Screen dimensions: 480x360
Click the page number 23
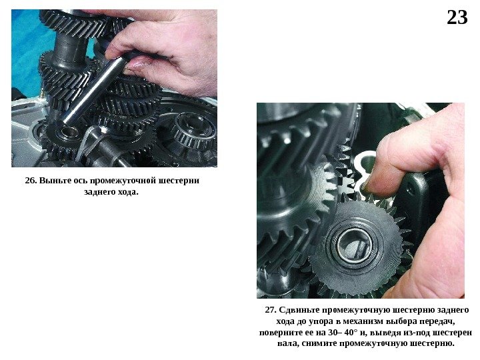click(x=457, y=17)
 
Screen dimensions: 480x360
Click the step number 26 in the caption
click(x=31, y=180)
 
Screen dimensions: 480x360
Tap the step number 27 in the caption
click(x=271, y=310)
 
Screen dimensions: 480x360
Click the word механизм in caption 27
click(x=363, y=321)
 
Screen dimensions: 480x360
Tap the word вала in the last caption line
click(x=287, y=343)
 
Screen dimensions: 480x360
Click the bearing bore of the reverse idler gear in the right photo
click(x=355, y=245)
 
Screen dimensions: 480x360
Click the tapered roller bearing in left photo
click(x=192, y=129)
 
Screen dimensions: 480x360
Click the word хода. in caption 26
click(x=127, y=192)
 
